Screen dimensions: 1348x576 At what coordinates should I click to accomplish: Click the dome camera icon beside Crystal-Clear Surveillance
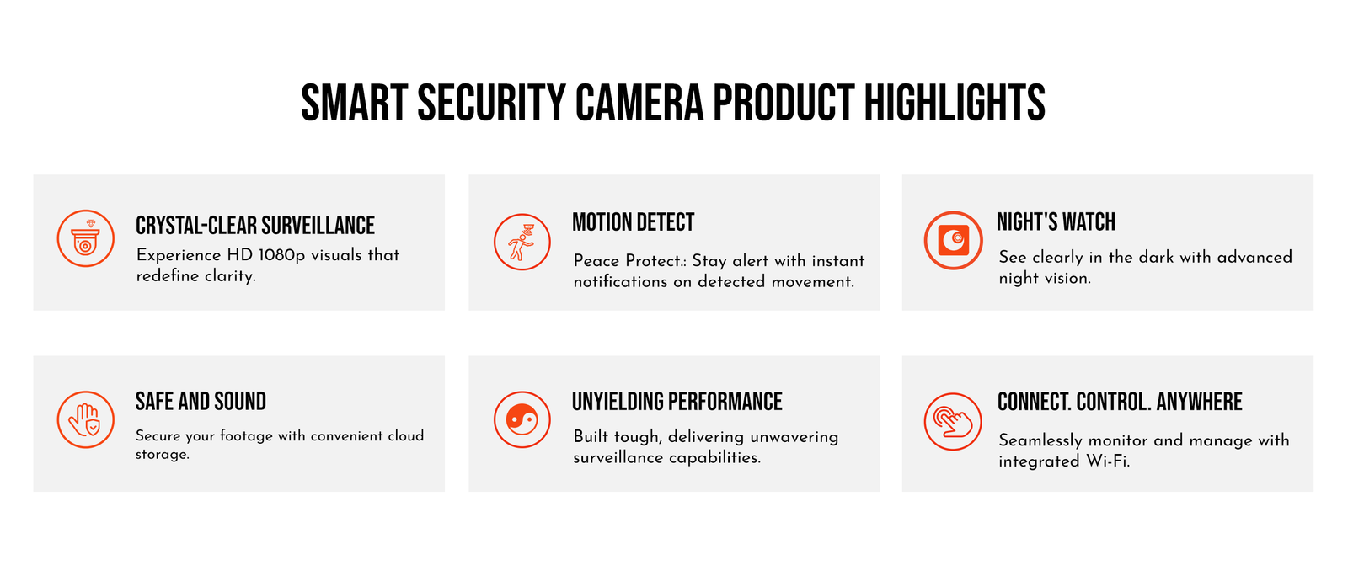click(x=85, y=238)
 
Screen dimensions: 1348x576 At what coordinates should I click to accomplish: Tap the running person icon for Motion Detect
click(x=522, y=242)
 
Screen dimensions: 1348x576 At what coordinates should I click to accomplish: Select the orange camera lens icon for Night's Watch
click(x=953, y=240)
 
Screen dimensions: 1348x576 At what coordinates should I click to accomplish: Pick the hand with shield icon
click(x=85, y=419)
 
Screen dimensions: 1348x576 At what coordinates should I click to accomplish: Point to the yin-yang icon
click(x=522, y=419)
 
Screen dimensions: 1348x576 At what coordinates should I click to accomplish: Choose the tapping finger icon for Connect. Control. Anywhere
click(x=953, y=422)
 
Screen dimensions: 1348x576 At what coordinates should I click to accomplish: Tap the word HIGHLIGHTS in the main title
click(x=955, y=103)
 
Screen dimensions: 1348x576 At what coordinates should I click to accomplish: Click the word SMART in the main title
click(x=355, y=103)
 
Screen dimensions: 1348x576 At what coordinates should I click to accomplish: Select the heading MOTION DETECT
click(x=633, y=222)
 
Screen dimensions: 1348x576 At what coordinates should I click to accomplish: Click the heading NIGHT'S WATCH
click(x=1056, y=221)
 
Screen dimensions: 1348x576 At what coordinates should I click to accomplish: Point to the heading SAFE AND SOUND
click(x=201, y=402)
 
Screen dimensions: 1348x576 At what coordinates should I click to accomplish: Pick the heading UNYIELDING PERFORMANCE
click(x=677, y=402)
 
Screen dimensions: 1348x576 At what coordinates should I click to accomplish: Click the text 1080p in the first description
click(x=281, y=255)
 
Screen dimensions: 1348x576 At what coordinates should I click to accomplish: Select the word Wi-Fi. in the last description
click(x=1108, y=461)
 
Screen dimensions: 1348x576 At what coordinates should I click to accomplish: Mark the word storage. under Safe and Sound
click(x=163, y=455)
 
